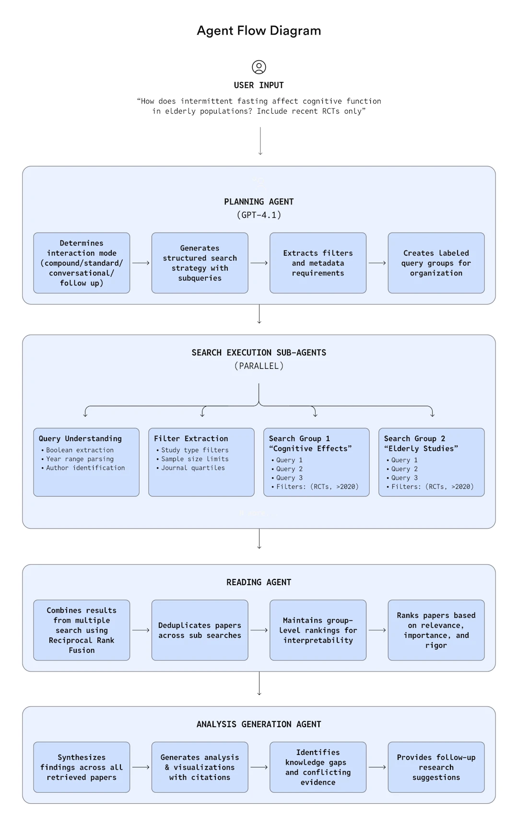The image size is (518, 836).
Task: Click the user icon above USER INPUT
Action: [259, 67]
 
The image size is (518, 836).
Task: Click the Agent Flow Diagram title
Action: [259, 31]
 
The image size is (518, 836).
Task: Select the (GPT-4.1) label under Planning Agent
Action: [259, 215]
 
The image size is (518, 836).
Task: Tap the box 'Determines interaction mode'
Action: [82, 263]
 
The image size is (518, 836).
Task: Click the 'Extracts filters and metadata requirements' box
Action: [318, 263]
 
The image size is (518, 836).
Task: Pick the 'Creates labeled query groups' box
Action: [436, 263]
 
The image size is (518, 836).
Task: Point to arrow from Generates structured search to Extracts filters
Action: [259, 263]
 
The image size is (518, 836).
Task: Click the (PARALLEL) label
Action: [259, 366]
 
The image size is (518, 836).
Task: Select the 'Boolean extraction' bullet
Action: [77, 450]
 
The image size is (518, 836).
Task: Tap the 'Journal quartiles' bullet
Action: [190, 468]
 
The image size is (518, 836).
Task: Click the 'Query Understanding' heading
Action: [80, 438]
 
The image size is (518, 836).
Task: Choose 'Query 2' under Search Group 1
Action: [287, 469]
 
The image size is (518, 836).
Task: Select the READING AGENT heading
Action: [259, 582]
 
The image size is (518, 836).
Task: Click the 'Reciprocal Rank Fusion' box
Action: [82, 630]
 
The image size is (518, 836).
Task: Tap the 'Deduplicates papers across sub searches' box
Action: [200, 630]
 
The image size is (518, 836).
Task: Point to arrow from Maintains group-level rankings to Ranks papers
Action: [377, 630]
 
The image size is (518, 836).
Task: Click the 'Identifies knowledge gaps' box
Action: [318, 767]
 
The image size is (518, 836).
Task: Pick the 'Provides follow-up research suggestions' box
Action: [436, 767]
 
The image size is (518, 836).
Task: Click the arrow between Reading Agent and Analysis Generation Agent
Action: [259, 683]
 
